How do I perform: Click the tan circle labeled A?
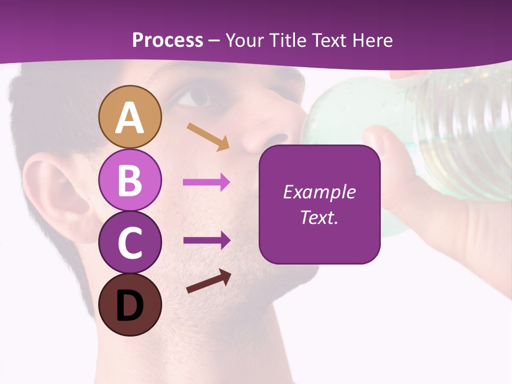130,117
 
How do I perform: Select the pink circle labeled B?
130,180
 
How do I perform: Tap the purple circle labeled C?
130,242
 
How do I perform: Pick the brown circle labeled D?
130,305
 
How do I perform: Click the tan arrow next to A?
207,137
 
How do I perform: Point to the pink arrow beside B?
206,182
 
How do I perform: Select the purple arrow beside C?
206,240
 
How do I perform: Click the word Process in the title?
167,40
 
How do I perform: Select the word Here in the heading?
372,40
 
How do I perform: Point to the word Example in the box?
319,192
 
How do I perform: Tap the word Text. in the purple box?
319,218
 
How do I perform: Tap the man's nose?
261,133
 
